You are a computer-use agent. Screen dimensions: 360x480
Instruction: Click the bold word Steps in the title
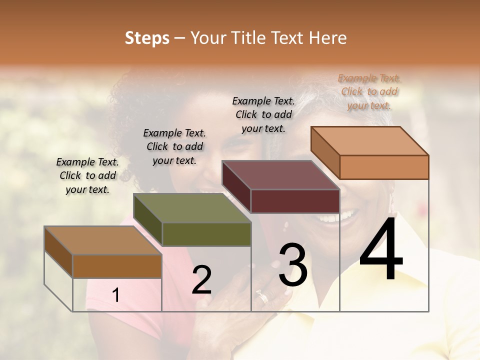tap(147, 38)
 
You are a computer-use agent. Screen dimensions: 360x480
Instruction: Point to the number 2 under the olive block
tap(201, 280)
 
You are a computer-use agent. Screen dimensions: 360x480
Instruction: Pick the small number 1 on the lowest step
tap(115, 295)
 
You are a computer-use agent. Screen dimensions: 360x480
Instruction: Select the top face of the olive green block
tap(192, 208)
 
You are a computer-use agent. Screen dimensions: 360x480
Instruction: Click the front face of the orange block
tap(384, 167)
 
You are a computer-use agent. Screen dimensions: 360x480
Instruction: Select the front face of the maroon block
tap(295, 201)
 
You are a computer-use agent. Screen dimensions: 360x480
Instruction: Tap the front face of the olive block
tap(206, 234)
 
